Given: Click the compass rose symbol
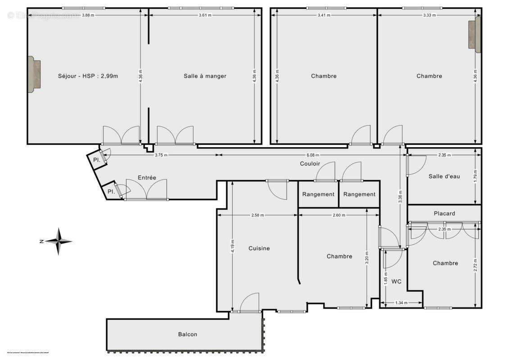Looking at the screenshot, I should click(x=58, y=241).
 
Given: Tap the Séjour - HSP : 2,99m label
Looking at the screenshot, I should click(x=88, y=76).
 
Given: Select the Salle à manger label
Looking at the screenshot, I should click(x=205, y=76).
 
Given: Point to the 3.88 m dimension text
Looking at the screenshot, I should click(x=87, y=15).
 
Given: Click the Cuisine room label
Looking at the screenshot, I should click(x=259, y=248).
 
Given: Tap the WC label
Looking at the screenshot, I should click(x=396, y=282).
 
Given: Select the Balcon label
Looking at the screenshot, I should click(x=187, y=334).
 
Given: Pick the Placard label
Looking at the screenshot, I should click(x=444, y=213).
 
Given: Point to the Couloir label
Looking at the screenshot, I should click(x=310, y=164).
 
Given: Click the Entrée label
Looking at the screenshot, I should click(x=147, y=178).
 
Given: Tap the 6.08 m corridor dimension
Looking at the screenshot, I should click(x=310, y=155).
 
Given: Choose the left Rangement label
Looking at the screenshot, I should click(x=318, y=194).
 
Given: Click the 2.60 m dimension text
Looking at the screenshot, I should click(x=338, y=215).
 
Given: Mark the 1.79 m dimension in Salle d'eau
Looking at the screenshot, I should click(x=475, y=175).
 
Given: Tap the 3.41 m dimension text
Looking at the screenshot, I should click(x=324, y=15).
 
